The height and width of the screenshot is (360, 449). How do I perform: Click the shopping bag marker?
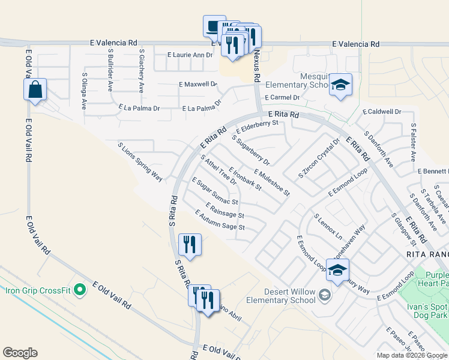point(35,91)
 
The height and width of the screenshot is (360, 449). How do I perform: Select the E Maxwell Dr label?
point(197,84)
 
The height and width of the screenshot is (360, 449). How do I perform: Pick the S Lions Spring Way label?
point(140,161)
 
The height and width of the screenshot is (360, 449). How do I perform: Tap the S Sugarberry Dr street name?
point(251,149)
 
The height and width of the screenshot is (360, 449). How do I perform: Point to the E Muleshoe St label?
point(271,182)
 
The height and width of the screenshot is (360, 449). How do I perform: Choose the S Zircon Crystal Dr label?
point(319,158)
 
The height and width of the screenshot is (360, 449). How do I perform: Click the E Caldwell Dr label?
point(382,112)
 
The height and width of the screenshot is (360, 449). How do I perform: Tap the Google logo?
point(20,353)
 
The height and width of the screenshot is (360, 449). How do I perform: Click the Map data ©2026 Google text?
point(412,355)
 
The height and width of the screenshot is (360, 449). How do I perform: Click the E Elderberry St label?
point(258,127)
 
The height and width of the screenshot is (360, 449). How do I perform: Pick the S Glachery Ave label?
point(142,70)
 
